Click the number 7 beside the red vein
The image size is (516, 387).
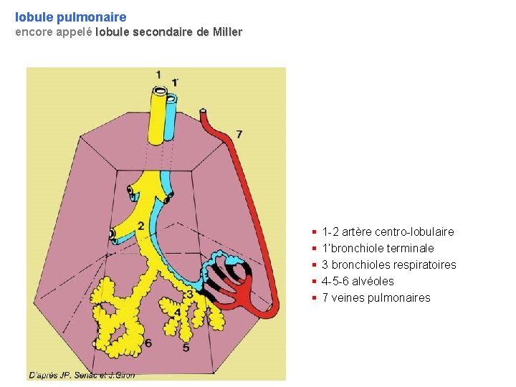coord(239,134)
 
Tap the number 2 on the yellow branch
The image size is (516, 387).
coord(140,226)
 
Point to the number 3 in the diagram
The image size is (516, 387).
coord(188,294)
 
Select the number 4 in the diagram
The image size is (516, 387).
coord(178,312)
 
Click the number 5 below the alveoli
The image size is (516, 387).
coord(186,348)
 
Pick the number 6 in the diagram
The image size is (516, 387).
coord(148,343)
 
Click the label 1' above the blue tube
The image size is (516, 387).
coord(175,82)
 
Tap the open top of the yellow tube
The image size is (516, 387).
coord(159,91)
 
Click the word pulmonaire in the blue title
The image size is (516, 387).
coord(92,16)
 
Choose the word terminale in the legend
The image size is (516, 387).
coord(408,248)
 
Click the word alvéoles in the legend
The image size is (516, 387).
coord(373,281)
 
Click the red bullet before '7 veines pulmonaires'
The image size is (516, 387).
coord(315,297)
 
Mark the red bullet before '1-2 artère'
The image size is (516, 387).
coord(315,231)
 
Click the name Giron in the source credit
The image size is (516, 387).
coord(123,375)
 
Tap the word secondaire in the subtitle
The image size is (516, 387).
coord(163,32)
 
